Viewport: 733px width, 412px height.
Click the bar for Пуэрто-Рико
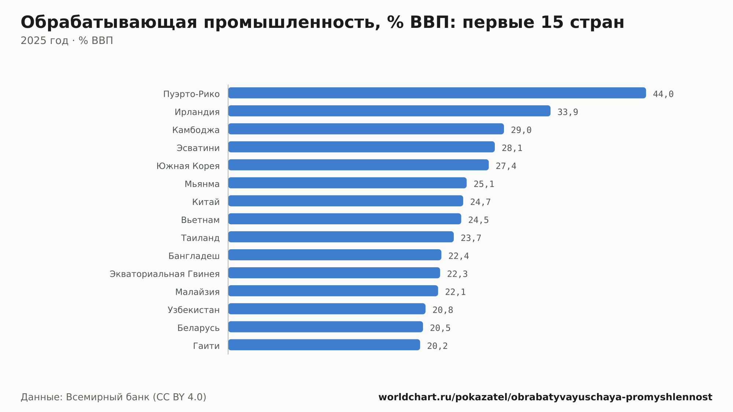click(x=437, y=93)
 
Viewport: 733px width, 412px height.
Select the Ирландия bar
click(x=389, y=111)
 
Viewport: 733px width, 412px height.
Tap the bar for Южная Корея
click(x=358, y=165)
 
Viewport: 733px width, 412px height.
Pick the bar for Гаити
click(x=324, y=345)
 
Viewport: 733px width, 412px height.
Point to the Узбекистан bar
click(x=327, y=309)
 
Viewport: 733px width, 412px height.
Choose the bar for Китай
click(x=346, y=201)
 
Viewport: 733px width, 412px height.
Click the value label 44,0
click(x=663, y=94)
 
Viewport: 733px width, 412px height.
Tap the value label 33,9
click(x=568, y=112)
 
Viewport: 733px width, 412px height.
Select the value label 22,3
click(x=457, y=274)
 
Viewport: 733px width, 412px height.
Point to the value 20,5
click(x=440, y=328)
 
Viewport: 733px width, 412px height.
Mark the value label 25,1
click(x=484, y=184)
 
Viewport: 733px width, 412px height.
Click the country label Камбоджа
click(x=196, y=130)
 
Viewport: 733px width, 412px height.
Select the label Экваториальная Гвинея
click(x=165, y=274)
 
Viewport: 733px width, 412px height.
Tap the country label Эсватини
click(x=198, y=148)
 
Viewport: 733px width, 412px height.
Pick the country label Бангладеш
click(x=194, y=256)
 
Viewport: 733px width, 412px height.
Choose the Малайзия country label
click(x=198, y=292)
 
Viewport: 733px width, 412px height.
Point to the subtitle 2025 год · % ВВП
click(x=67, y=41)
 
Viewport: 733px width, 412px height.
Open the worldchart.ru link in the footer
click(x=545, y=397)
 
